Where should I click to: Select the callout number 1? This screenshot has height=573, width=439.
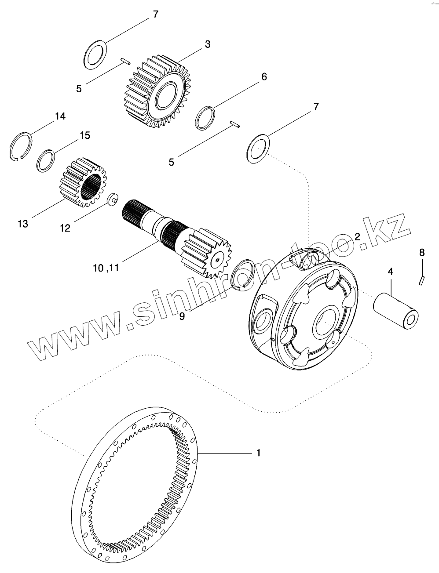[x=259, y=452]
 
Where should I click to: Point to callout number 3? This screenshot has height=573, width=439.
[x=207, y=44]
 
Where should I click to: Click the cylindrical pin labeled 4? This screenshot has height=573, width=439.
[x=395, y=309]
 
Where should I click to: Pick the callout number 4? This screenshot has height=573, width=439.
[x=390, y=272]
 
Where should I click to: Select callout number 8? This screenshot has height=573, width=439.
[x=422, y=252]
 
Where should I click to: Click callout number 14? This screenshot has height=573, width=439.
[x=60, y=116]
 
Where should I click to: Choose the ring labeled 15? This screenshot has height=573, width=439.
[x=46, y=160]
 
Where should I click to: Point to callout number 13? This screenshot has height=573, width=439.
[x=23, y=224]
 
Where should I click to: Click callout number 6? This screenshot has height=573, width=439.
[x=264, y=76]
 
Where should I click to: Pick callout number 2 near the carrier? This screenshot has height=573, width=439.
[x=357, y=236]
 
